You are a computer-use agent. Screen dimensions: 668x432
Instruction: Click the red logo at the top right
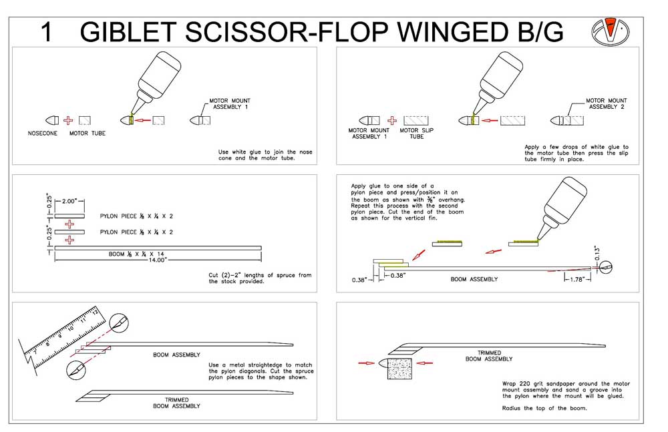tap(611, 31)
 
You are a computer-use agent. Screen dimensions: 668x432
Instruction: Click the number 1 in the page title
tap(47, 32)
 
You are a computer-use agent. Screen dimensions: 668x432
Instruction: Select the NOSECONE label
tap(43, 134)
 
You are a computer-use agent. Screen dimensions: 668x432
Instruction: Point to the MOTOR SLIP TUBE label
tap(416, 134)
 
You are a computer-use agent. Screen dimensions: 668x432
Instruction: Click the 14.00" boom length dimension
tap(157, 260)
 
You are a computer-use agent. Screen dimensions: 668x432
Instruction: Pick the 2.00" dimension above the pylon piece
tap(69, 201)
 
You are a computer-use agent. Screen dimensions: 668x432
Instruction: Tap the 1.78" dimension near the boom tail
tap(577, 280)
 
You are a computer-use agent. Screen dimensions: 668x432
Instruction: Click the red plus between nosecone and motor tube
tap(68, 121)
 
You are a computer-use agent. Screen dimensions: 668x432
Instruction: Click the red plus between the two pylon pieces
tap(69, 224)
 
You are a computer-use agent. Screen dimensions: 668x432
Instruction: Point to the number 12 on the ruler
tap(95, 312)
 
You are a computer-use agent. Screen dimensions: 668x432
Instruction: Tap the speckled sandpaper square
tap(399, 368)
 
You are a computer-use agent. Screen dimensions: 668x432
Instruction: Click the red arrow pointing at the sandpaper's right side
tap(425, 363)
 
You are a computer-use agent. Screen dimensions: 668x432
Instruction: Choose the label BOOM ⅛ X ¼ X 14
tap(136, 254)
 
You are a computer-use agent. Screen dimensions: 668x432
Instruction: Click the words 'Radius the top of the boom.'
tap(544, 408)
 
